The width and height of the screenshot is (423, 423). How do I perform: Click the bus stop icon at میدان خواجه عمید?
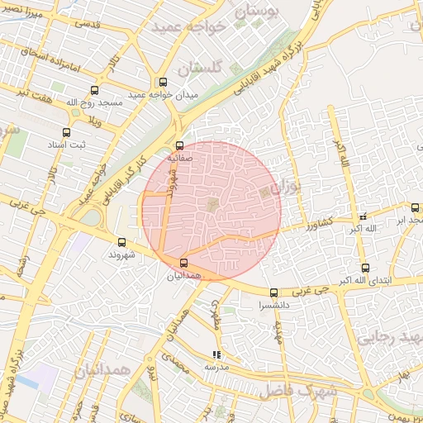pos(163,83)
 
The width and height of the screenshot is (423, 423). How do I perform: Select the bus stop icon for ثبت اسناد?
pos(67,131)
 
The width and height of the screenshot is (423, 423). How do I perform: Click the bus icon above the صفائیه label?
pos(180,145)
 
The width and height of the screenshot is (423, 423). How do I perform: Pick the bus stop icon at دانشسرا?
pos(274,292)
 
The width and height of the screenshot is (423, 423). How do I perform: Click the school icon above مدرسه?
pos(216,355)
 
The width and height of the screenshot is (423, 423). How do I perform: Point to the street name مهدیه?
pos(279,331)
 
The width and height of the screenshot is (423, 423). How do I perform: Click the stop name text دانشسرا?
pos(274,305)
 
